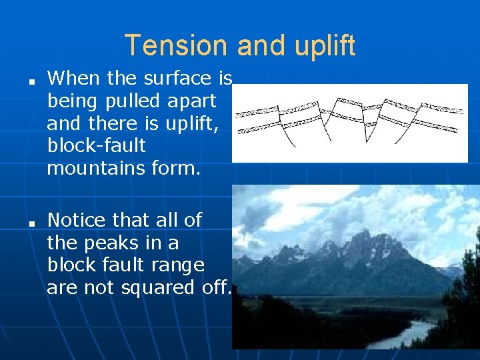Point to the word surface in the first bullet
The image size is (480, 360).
[178, 79]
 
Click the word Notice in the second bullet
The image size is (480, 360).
[77, 219]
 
